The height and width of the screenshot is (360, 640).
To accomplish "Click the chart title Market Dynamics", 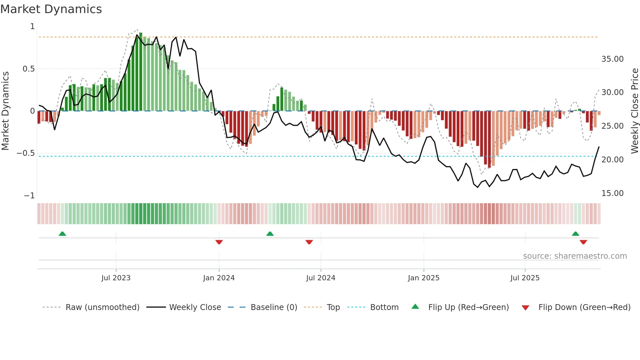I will click(51, 9).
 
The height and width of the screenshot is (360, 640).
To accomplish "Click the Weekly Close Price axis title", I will click(634, 111).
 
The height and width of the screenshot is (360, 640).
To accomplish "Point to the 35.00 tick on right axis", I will click(612, 59).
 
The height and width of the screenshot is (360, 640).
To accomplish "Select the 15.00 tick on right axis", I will click(612, 193).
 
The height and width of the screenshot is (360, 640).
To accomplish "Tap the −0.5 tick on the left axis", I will click(25, 153).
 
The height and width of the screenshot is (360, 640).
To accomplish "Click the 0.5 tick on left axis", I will click(28, 69).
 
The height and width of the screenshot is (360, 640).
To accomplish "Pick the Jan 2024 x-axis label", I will click(219, 278).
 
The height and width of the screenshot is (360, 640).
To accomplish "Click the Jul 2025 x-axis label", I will click(525, 278).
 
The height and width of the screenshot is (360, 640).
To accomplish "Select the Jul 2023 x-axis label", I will click(116, 278).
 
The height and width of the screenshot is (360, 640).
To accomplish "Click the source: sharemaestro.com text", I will click(575, 256).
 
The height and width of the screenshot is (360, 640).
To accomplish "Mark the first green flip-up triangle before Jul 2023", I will click(62, 234).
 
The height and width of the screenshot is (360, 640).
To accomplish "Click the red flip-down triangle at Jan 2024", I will click(219, 242).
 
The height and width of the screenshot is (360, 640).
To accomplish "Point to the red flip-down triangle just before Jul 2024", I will click(309, 242).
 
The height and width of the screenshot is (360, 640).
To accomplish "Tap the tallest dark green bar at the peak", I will click(141, 72).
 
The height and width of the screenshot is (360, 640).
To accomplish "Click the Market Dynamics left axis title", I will click(5, 111).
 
